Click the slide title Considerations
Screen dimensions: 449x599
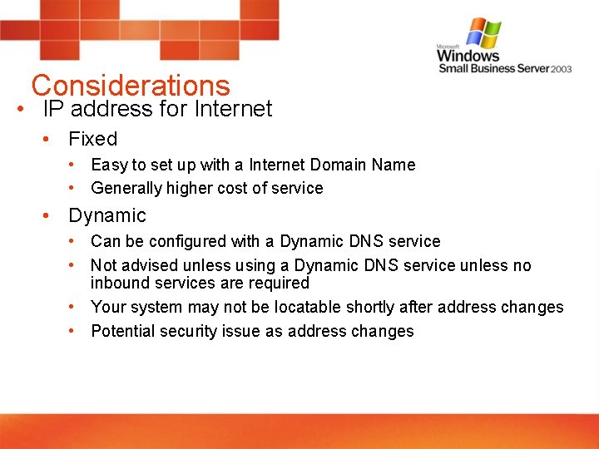click(x=130, y=86)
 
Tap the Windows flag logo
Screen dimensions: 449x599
click(x=483, y=33)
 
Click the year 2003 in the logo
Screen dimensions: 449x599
click(x=562, y=69)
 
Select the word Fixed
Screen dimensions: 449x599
click(x=92, y=139)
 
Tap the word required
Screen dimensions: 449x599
click(x=279, y=283)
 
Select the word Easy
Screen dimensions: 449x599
click(x=108, y=165)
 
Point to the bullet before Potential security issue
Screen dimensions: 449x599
click(x=73, y=331)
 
